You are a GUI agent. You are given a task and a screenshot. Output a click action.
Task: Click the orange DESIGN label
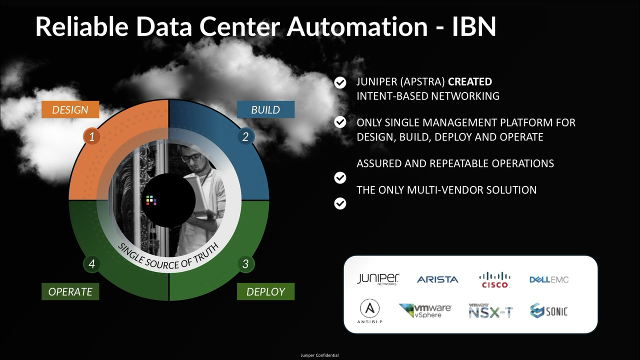[x=70, y=109]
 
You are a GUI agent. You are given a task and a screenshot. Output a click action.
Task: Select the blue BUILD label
[x=265, y=109]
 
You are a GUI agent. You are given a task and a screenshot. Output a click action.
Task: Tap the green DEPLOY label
[x=265, y=291]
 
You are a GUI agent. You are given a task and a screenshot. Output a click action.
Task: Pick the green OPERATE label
[x=70, y=291]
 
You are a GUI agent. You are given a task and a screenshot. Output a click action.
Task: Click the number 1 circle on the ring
[x=91, y=137]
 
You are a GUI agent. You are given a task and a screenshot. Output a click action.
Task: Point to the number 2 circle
[x=245, y=137]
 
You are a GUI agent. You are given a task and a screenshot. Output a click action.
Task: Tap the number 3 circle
[x=245, y=264]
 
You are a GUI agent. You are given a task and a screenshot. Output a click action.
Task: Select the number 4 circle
[x=91, y=264]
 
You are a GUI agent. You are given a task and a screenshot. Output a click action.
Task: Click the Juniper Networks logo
[x=378, y=279]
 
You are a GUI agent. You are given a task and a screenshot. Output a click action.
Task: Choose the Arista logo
[x=437, y=279]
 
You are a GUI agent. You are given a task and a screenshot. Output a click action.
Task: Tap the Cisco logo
[x=495, y=279]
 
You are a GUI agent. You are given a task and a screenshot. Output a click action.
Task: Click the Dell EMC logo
[x=549, y=279]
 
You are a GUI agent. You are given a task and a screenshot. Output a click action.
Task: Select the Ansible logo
[x=369, y=311]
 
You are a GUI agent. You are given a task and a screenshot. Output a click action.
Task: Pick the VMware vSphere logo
[x=425, y=311]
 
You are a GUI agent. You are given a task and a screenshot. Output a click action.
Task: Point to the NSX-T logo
[x=491, y=311]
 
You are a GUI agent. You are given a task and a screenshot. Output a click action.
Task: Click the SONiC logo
[x=549, y=311]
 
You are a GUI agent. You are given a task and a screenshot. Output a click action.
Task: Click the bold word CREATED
[x=470, y=81]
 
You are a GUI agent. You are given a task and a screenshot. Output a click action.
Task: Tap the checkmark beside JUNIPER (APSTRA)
[x=340, y=83]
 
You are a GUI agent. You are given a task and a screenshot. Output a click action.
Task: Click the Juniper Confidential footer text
[x=319, y=355]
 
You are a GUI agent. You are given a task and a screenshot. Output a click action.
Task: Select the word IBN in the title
[x=474, y=26]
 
